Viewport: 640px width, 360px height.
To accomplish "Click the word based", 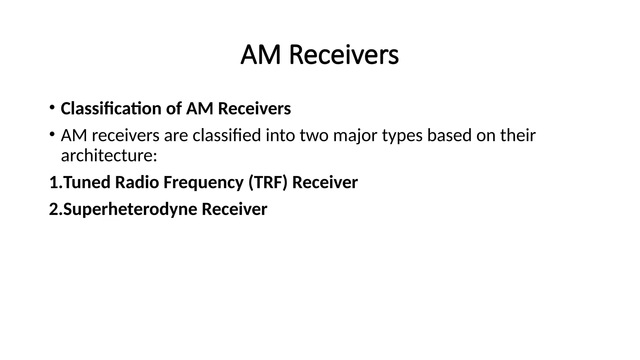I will coord(449,136).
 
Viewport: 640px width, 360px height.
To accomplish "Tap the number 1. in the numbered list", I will coord(56,182).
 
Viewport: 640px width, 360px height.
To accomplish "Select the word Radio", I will coord(137,182).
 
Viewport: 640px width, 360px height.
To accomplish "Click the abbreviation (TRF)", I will coord(268,182).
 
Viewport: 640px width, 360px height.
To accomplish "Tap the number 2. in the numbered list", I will coord(56,209).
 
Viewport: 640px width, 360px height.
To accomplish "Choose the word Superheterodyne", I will coord(130,210).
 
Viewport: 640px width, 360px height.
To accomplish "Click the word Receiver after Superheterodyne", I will coord(234,209).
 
